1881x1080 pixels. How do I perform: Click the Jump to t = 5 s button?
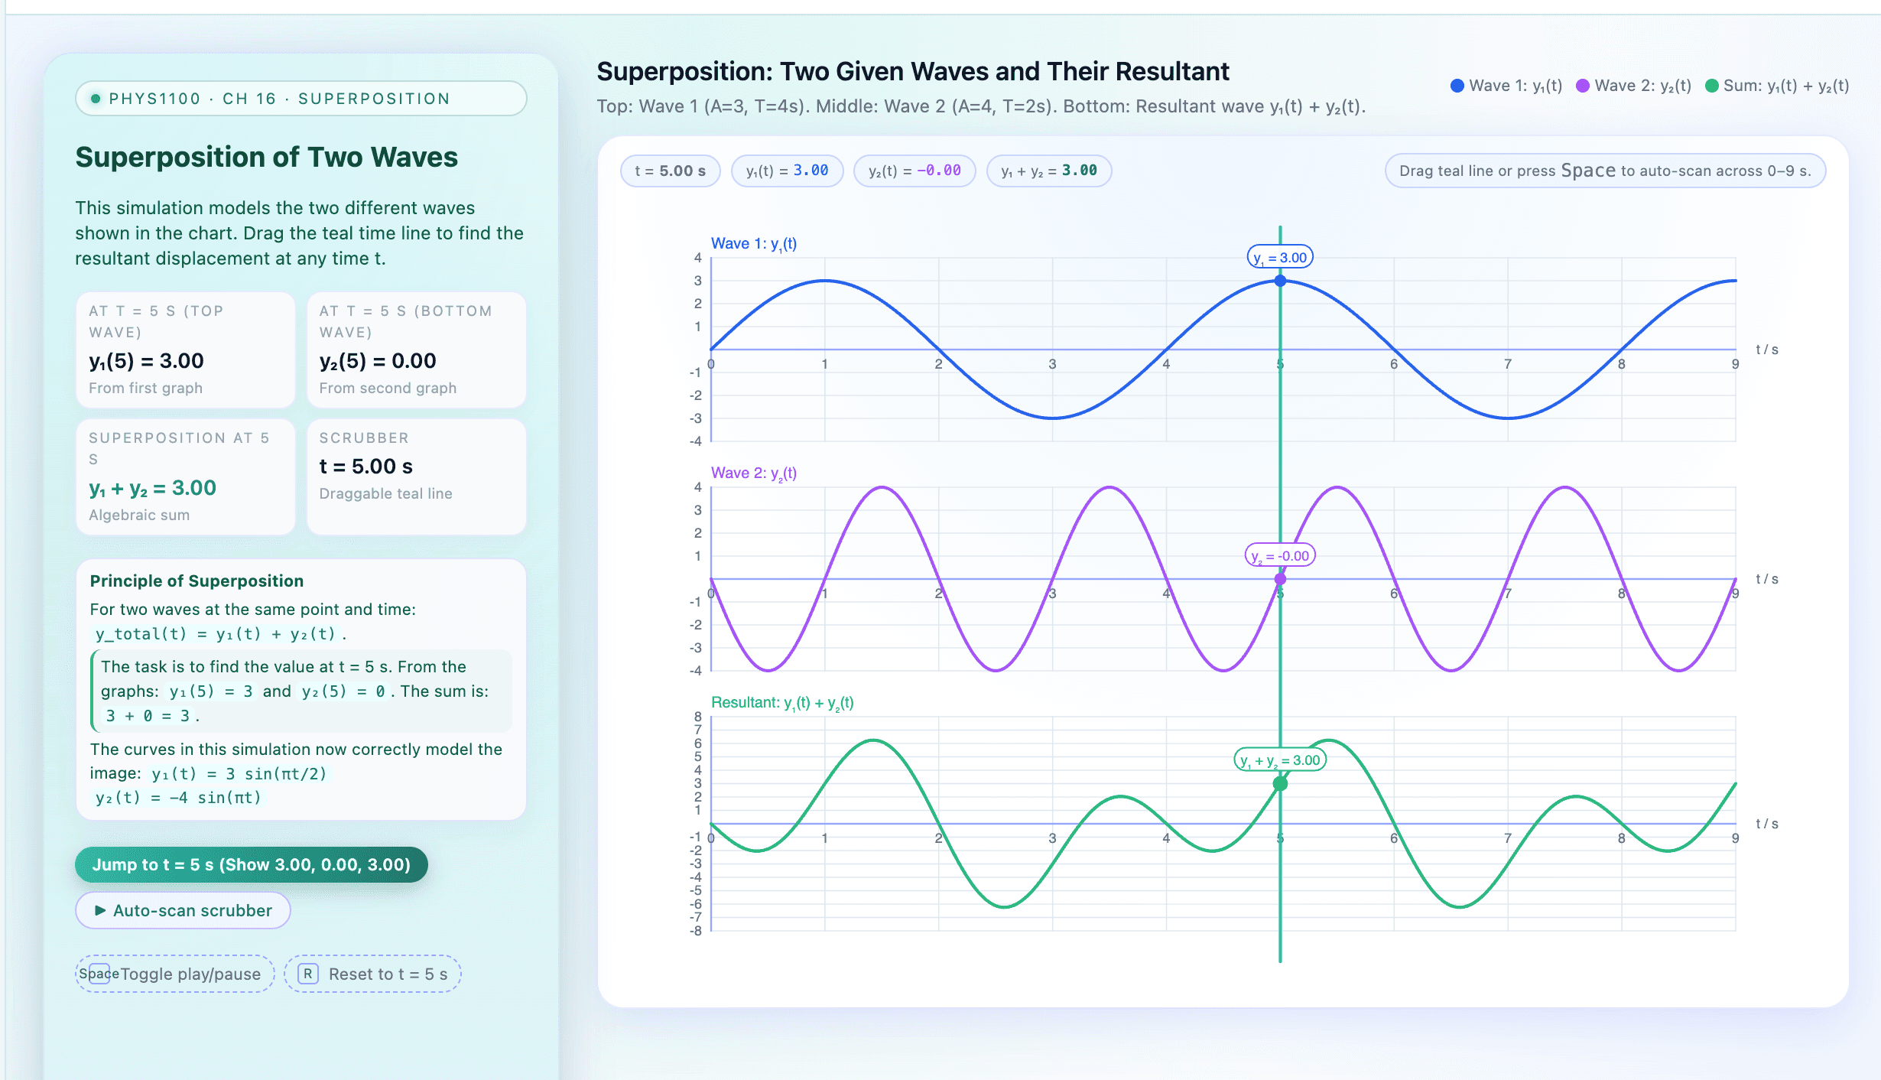coord(251,864)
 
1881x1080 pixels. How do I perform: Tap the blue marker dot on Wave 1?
coord(1280,281)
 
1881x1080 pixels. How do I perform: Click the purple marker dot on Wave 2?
coord(1280,579)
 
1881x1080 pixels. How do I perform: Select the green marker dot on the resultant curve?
coord(1280,783)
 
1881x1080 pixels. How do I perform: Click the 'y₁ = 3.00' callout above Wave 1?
coord(1280,258)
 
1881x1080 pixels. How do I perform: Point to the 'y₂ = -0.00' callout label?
coord(1280,556)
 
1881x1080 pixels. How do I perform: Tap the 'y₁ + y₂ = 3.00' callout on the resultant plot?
coord(1280,760)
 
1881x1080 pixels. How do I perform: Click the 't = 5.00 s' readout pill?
coord(670,171)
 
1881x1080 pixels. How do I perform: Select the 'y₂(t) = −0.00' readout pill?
coord(914,171)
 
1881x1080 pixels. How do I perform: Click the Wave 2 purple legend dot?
coord(1583,86)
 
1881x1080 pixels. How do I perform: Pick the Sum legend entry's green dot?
coord(1712,86)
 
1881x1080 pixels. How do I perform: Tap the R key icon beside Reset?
coord(307,974)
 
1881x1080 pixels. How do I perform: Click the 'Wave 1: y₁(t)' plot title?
coord(753,243)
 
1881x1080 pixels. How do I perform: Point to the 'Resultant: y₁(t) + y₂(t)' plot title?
coord(781,702)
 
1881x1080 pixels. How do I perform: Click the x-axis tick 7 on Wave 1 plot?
coord(1508,364)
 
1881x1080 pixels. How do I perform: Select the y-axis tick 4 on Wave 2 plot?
coord(697,487)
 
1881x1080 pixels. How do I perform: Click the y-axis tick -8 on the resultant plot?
coord(696,931)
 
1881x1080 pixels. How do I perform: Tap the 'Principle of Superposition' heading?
coord(197,581)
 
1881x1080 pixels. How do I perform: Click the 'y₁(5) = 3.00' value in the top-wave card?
coord(146,361)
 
